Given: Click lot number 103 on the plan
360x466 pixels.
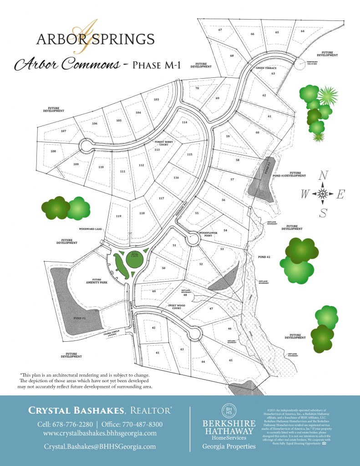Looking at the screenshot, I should tap(156, 99).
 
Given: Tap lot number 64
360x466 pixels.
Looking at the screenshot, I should tap(302, 31).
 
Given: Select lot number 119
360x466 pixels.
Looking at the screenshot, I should tap(119, 216).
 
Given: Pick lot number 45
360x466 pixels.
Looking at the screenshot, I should tap(231, 360).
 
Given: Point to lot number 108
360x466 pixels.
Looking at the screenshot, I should tap(53, 151).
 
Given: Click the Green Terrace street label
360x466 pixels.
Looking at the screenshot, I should tap(266, 68).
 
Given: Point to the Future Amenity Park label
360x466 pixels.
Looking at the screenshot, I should tap(96, 281).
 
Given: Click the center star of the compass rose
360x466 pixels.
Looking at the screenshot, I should tap(323, 194).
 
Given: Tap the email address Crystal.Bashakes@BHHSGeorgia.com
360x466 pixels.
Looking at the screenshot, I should tap(100, 446).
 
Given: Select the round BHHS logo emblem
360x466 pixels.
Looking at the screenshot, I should tap(228, 409).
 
